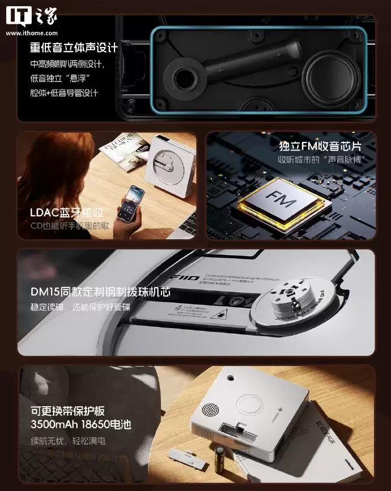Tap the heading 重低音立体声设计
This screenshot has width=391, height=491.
[74, 47]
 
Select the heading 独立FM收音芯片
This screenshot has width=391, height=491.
[320, 146]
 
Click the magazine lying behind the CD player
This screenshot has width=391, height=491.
[122, 150]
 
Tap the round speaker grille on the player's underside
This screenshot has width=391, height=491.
[211, 410]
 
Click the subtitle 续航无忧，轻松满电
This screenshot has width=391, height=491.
[68, 441]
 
